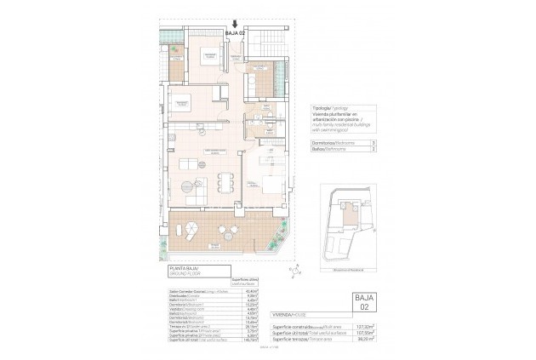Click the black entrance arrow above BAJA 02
234,26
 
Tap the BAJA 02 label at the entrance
235,32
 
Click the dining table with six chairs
225,180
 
